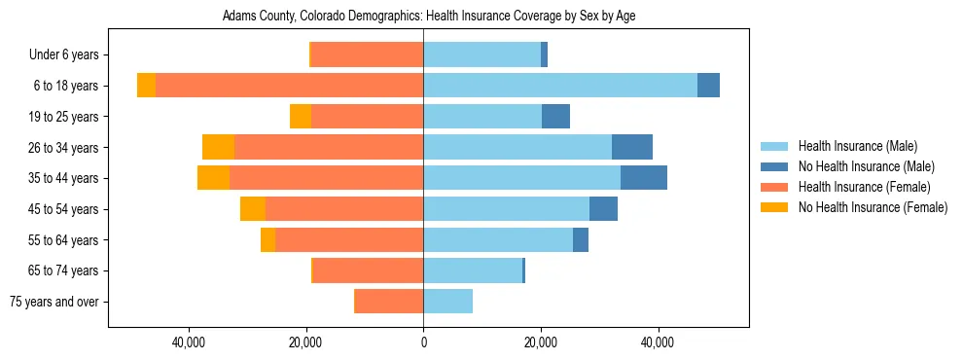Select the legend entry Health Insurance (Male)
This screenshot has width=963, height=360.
(x=856, y=146)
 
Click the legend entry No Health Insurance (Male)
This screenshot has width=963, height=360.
(x=866, y=166)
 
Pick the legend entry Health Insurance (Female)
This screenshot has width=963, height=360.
(x=864, y=187)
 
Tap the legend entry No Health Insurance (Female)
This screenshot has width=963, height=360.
(x=873, y=207)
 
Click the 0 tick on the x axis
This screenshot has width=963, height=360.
(x=423, y=342)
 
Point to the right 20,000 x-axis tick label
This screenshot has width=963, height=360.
(x=541, y=342)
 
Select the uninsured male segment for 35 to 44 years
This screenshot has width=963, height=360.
(x=644, y=178)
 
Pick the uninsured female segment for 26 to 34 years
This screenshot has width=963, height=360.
(x=218, y=147)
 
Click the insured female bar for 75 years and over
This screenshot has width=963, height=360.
(x=389, y=302)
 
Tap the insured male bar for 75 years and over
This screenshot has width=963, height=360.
(x=447, y=302)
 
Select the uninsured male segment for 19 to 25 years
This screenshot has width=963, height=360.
(x=555, y=117)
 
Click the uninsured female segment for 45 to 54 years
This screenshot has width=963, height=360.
(x=253, y=209)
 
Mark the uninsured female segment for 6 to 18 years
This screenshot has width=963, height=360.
(x=146, y=86)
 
